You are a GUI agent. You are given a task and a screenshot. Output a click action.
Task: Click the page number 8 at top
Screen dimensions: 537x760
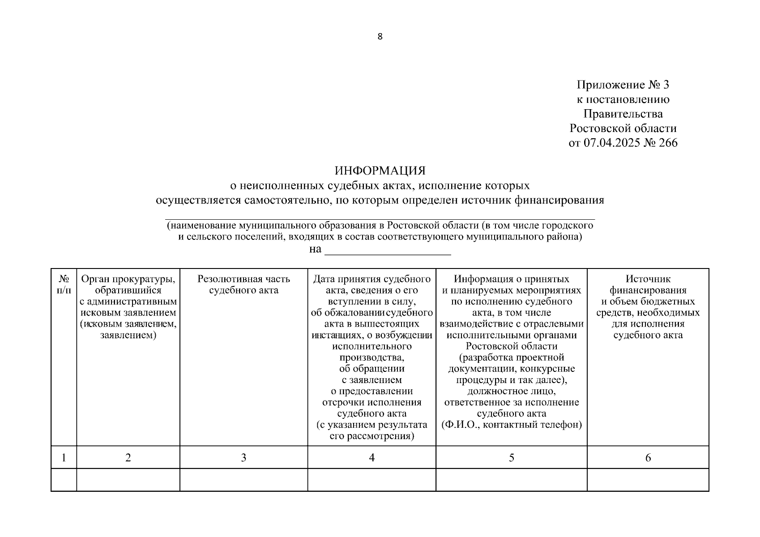tap(380, 37)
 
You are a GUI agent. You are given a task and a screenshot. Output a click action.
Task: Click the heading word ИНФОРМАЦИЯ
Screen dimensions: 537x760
tap(380, 170)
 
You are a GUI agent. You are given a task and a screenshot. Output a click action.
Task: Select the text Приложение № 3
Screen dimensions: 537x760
tap(623, 85)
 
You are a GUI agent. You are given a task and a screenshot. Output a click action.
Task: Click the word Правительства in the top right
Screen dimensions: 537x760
tap(623, 114)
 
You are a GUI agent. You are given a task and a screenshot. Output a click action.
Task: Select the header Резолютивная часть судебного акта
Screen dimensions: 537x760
tap(243, 285)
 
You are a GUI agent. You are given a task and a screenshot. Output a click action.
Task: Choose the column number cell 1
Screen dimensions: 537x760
tap(64, 457)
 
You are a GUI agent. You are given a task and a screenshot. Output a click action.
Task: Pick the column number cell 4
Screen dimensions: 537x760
tap(371, 457)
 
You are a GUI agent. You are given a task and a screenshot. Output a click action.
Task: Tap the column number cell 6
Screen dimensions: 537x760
tap(648, 457)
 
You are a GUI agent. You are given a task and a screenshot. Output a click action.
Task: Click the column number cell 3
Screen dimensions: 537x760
tap(243, 457)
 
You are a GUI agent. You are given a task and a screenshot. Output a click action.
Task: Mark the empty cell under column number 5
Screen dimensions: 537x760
tap(511, 480)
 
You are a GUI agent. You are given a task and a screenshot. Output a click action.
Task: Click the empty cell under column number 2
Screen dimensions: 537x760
tap(128, 480)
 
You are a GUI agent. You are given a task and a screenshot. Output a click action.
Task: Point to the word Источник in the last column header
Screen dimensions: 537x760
tap(648, 279)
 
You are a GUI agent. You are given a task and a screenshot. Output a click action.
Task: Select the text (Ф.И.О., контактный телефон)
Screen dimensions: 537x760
tap(511, 425)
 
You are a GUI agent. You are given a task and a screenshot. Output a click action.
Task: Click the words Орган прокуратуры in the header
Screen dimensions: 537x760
tap(128, 279)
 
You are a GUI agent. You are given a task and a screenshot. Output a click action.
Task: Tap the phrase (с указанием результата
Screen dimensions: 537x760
tap(371, 425)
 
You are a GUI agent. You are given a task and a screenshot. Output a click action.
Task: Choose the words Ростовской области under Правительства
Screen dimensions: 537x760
tap(623, 128)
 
